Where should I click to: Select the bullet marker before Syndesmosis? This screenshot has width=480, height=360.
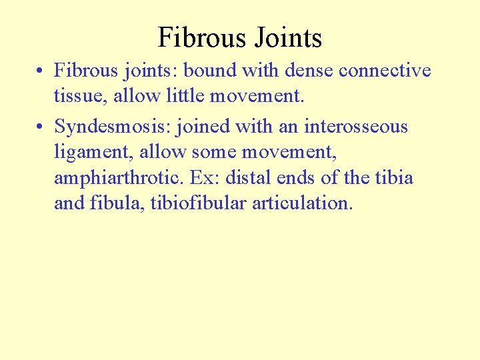pos(41,127)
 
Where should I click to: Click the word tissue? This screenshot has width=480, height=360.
pos(81,97)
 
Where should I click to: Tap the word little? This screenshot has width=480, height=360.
pos(184,97)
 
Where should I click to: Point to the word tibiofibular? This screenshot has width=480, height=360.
pos(199,203)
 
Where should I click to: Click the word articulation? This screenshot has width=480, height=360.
pos(302,203)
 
